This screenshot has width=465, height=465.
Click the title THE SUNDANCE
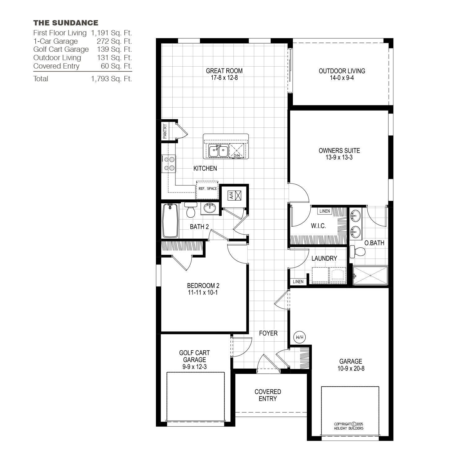[66, 23]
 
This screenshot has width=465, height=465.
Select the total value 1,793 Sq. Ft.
[112, 79]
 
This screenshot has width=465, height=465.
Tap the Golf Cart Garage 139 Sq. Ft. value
[115, 49]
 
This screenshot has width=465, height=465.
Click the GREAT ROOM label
[224, 71]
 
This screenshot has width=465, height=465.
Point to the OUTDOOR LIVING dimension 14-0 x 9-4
[342, 78]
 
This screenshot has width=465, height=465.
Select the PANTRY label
[165, 131]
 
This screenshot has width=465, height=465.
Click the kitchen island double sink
[219, 151]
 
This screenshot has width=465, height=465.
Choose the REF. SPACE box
[207, 190]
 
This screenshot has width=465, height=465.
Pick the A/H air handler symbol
[235, 196]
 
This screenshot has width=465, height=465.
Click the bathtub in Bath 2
[170, 220]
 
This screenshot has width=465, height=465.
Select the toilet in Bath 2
[189, 210]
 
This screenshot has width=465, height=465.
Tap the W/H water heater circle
[299, 337]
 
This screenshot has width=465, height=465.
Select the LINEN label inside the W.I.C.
[325, 211]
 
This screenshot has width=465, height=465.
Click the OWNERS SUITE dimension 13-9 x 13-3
[339, 157]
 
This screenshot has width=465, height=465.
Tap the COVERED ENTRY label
[268, 395]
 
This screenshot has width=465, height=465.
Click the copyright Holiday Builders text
[349, 426]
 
